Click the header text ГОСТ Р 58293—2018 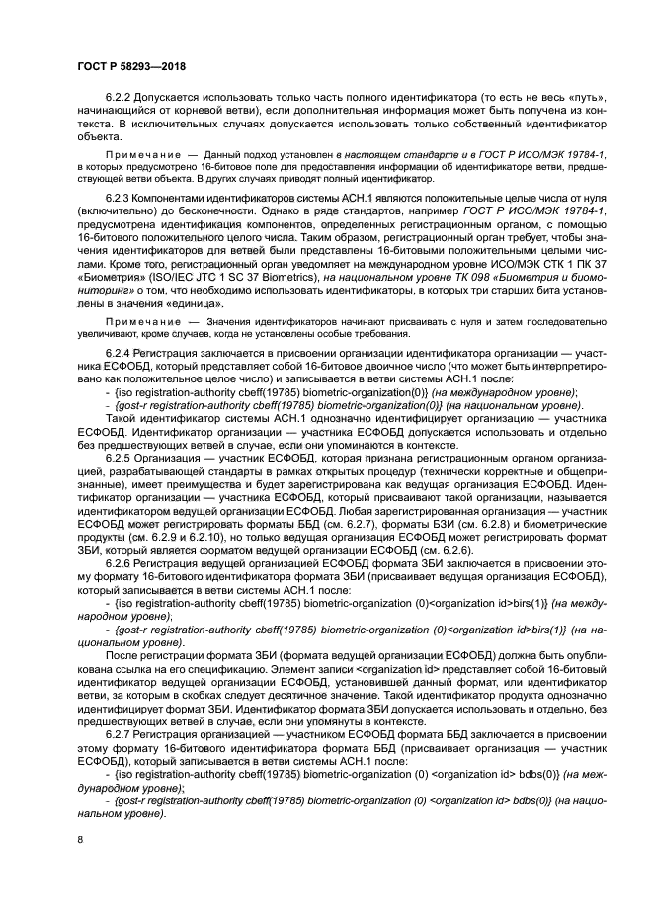(x=131, y=66)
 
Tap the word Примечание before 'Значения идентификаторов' (x=139, y=322)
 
